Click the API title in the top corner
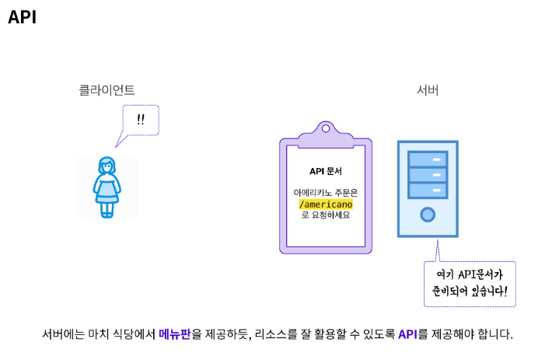point(23,17)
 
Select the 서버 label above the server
point(428,90)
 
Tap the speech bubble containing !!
point(141,120)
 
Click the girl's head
point(107,166)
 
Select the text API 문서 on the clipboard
point(326,171)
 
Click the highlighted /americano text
point(326,204)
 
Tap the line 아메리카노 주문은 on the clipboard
point(326,192)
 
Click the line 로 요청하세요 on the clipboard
point(326,215)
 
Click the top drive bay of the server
point(428,159)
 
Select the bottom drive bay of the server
point(428,190)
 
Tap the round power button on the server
point(428,214)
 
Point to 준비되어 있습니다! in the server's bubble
point(470,292)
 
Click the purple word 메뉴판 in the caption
point(174,334)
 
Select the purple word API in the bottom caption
point(407,334)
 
